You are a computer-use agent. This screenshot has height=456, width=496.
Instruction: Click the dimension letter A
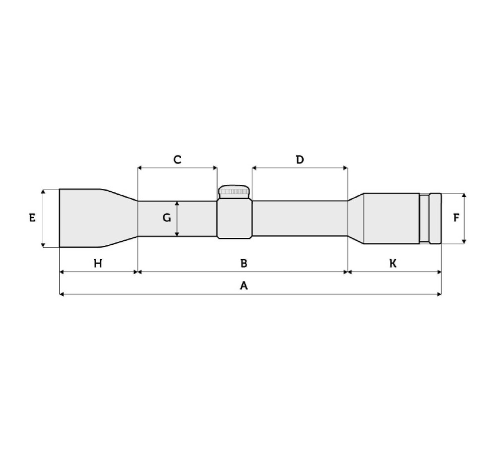pyautogui.click(x=244, y=285)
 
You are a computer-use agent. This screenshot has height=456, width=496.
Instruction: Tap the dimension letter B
pyautogui.click(x=244, y=263)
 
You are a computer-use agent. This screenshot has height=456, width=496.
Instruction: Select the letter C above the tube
pyautogui.click(x=178, y=160)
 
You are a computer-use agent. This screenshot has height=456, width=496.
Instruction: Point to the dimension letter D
pyautogui.click(x=300, y=160)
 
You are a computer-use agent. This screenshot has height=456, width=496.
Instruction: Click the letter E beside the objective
pyautogui.click(x=32, y=218)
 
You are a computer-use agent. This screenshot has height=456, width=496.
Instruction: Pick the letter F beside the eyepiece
pyautogui.click(x=456, y=218)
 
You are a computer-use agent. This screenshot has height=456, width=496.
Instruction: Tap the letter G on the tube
pyautogui.click(x=167, y=218)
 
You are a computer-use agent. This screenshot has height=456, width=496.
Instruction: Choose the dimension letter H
pyautogui.click(x=98, y=263)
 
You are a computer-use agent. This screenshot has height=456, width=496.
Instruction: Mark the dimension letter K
pyautogui.click(x=393, y=263)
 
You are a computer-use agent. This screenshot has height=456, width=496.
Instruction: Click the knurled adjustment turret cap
pyautogui.click(x=234, y=191)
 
